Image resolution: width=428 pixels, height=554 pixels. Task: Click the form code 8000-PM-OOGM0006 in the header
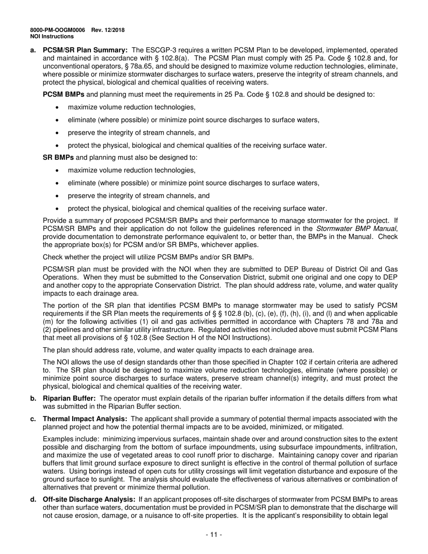(x=57, y=30)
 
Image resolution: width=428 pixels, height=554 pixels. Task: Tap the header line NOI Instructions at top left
(x=52, y=36)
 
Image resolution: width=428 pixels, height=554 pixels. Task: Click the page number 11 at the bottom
(x=214, y=535)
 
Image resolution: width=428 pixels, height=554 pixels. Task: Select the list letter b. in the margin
(x=33, y=398)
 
